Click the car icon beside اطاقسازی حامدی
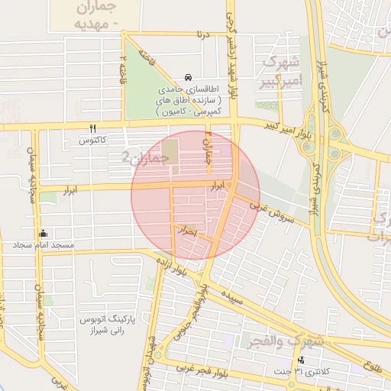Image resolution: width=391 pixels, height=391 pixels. pos(188,78)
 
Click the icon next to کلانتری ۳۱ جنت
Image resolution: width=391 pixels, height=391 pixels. pos(301,360)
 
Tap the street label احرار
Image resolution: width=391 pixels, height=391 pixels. pos(186,229)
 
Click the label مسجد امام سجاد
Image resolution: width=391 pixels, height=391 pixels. pos(42,245)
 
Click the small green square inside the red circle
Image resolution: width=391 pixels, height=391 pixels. pos(170,150)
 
